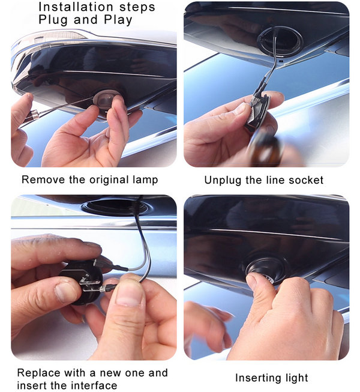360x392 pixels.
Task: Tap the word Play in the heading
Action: point(118,20)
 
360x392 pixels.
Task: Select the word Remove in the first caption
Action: point(43,179)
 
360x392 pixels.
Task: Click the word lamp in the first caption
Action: point(145,180)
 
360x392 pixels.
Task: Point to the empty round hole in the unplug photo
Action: point(281,40)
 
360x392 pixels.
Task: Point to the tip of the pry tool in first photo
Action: point(92,98)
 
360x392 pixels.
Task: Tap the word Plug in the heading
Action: point(53,20)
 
